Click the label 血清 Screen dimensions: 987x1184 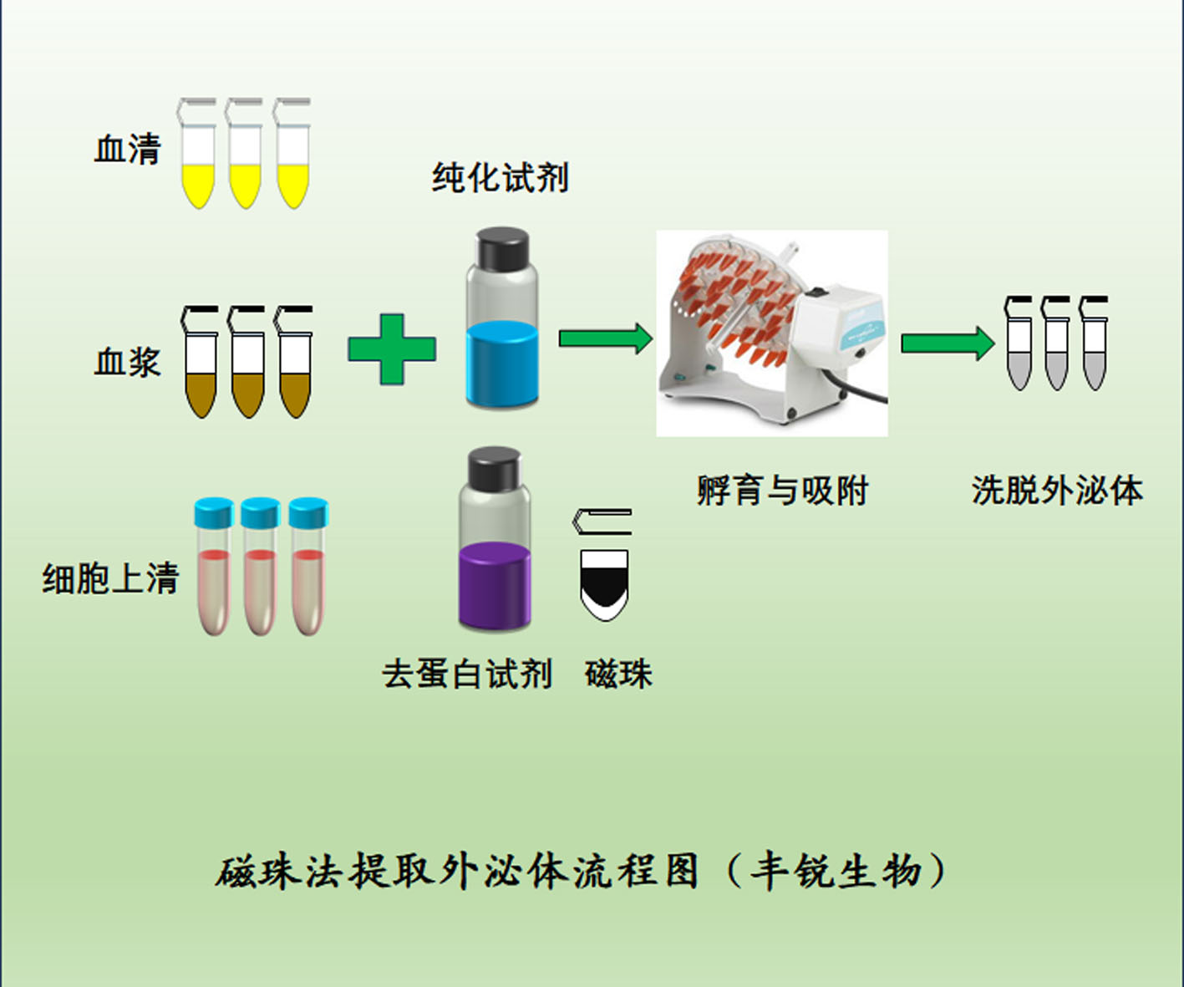(x=127, y=150)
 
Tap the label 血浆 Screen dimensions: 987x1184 (x=127, y=362)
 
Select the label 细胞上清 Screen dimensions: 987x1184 (x=111, y=578)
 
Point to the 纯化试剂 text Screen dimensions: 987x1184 (x=500, y=178)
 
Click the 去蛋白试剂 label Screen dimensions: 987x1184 (x=467, y=674)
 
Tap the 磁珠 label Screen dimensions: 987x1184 (x=618, y=674)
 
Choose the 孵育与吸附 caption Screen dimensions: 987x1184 (x=783, y=491)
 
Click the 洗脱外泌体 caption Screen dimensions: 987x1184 (x=1057, y=491)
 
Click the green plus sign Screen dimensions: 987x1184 (x=392, y=349)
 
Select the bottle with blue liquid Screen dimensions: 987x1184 (x=501, y=334)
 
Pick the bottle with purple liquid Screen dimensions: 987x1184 (x=495, y=552)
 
